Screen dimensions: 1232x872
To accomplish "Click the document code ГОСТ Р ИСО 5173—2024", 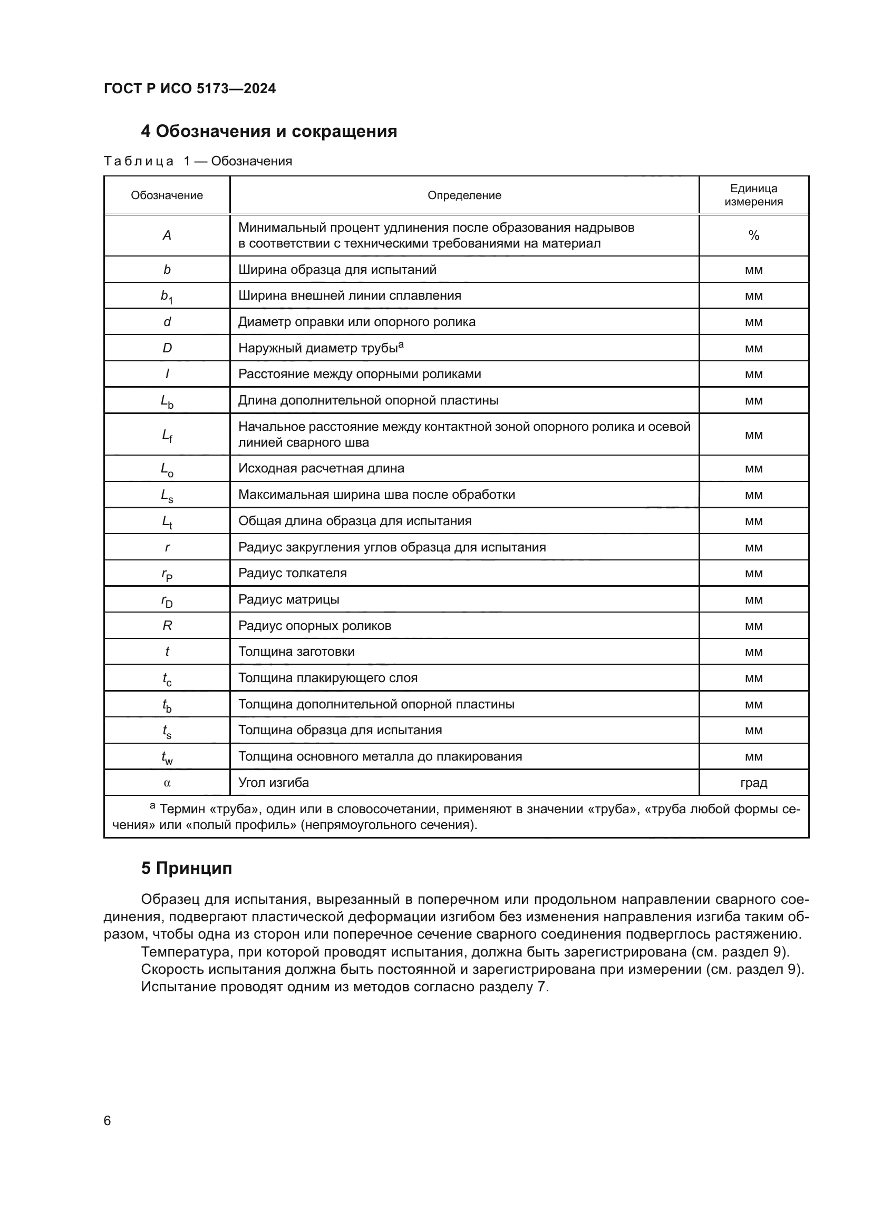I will tap(190, 88).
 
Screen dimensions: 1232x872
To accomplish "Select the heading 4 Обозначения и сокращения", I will tap(268, 132).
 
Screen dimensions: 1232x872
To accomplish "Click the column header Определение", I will tap(464, 195).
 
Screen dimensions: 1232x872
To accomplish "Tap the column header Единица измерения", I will tap(753, 195).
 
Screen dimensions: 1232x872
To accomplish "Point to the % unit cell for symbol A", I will tap(753, 235).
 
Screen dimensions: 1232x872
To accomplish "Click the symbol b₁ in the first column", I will tap(167, 296).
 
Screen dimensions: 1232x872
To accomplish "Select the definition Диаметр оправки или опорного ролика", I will tap(356, 322).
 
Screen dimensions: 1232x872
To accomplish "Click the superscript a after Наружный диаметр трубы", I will tap(401, 345).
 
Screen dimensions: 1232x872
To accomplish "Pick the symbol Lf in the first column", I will tap(167, 435).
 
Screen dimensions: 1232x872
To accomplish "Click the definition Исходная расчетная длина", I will tap(321, 468).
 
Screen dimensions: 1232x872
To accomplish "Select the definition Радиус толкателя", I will tap(292, 573).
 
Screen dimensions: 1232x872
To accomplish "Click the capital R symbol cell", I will tap(167, 626).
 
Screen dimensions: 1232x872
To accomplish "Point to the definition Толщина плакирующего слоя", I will tap(327, 678).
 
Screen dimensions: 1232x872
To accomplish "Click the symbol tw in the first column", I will tap(167, 757).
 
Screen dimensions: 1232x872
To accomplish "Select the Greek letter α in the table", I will tap(167, 783).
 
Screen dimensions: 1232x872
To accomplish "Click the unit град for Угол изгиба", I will tap(753, 783).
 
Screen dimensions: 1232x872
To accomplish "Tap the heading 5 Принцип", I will tap(186, 868).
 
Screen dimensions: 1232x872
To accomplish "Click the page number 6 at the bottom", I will tap(108, 1121).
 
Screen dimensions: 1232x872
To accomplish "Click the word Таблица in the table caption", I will tap(139, 162).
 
